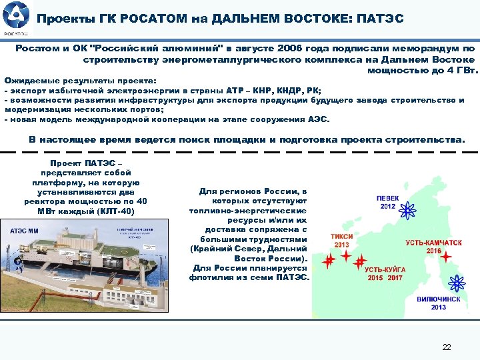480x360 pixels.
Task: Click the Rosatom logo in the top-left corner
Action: click(15, 18)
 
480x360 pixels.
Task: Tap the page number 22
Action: click(446, 347)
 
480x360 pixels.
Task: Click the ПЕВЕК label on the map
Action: click(388, 198)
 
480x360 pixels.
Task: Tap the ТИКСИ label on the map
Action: click(341, 237)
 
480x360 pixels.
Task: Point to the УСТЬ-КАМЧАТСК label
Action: click(433, 243)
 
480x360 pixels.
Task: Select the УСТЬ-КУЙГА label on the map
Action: click(385, 269)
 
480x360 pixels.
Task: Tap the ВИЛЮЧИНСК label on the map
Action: click(438, 299)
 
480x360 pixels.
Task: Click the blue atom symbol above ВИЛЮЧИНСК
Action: click(457, 283)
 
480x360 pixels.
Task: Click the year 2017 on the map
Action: click(395, 277)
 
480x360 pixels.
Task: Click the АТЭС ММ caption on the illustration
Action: click(25, 231)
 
